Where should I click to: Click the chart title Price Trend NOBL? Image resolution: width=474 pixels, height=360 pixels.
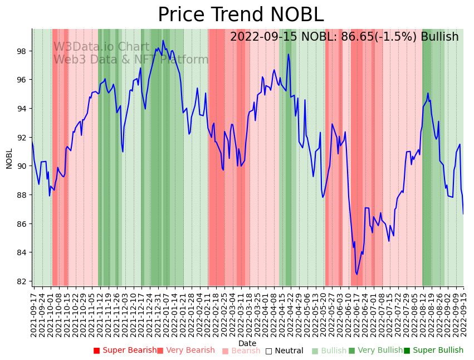point(240,14)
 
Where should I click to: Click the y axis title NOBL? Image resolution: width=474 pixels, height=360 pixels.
point(9,158)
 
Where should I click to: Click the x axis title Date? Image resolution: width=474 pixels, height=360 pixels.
point(247,343)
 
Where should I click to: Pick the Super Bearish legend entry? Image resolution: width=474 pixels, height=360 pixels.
point(125,351)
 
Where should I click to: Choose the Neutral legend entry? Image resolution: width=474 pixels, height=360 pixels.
point(285,351)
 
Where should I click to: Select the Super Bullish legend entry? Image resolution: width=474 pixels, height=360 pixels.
point(433,351)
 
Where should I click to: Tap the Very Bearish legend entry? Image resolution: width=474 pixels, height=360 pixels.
point(185,351)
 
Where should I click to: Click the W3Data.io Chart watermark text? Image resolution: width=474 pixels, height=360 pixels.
point(101,47)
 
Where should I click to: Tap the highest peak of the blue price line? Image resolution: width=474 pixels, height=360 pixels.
point(163,40)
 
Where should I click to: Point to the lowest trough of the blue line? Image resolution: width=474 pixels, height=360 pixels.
point(357,274)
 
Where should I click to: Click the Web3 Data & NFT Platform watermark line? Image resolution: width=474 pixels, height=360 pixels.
point(131,60)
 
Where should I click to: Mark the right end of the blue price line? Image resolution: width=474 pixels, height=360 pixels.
point(463,214)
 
